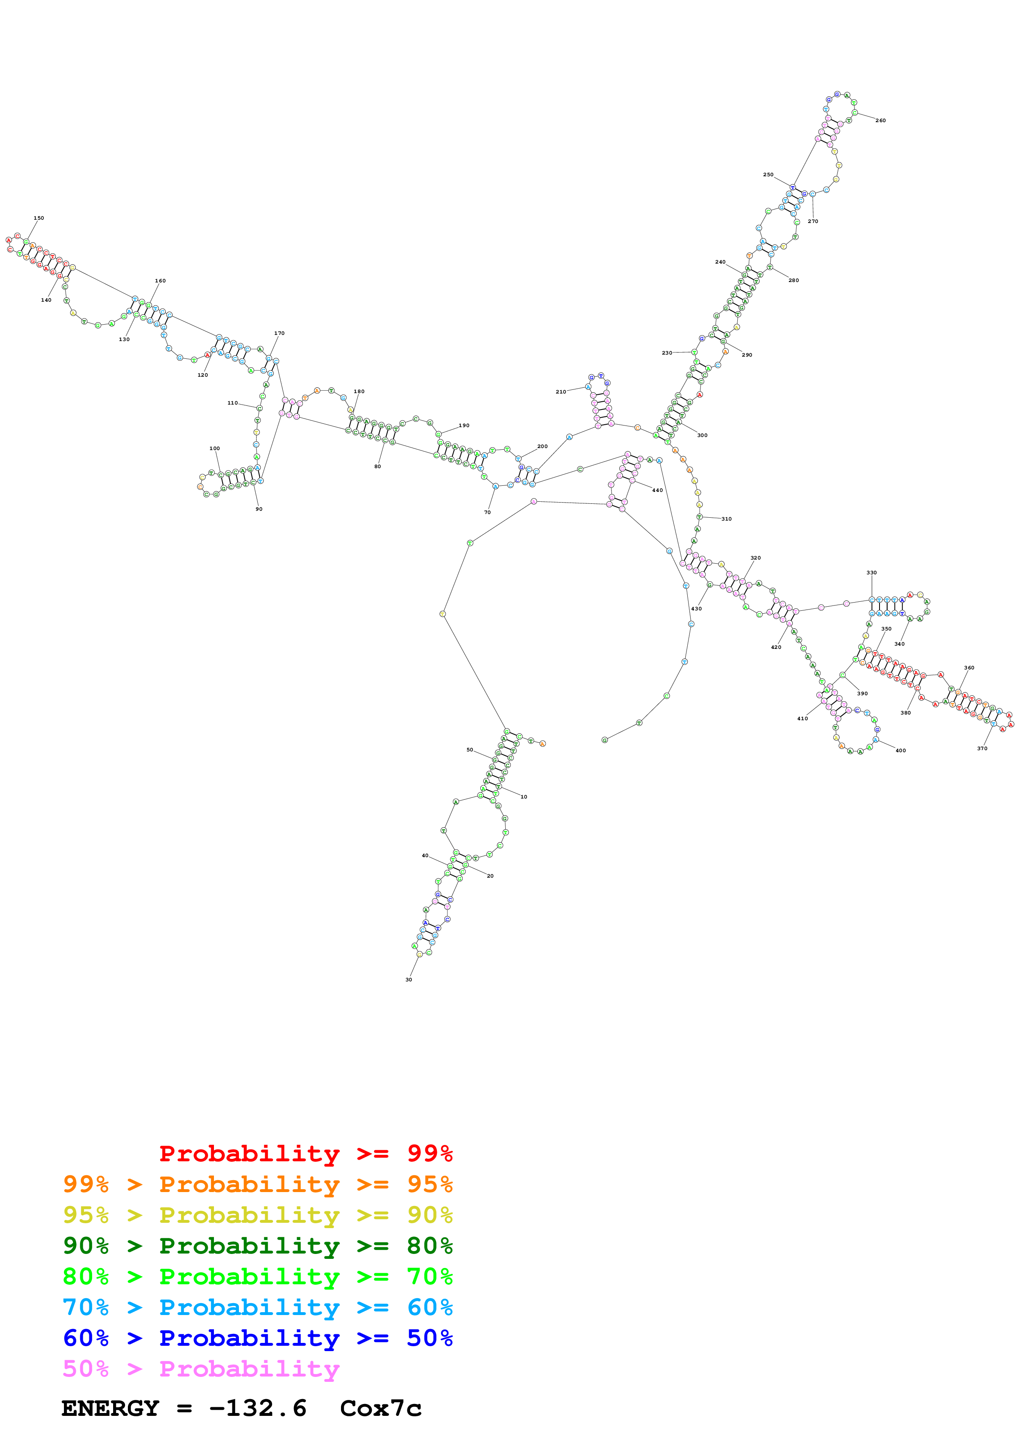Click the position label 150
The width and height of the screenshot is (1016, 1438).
click(39, 218)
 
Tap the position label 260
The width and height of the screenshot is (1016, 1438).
click(880, 120)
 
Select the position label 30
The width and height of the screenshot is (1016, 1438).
click(409, 980)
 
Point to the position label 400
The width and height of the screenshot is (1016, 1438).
click(900, 750)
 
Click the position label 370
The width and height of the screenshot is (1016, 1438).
click(982, 749)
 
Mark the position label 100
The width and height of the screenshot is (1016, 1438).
click(215, 448)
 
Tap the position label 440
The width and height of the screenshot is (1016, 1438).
click(657, 490)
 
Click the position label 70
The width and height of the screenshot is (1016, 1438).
click(488, 512)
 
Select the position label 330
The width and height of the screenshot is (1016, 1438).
click(871, 572)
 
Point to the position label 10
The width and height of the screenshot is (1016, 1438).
click(524, 796)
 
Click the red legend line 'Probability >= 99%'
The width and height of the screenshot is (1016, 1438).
click(305, 1153)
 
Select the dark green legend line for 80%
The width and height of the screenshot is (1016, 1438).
click(257, 1246)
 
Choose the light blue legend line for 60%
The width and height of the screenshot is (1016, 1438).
click(257, 1307)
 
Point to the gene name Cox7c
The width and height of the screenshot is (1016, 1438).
click(381, 1408)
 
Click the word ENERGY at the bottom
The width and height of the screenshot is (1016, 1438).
click(110, 1408)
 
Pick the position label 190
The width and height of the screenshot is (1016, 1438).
click(464, 425)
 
